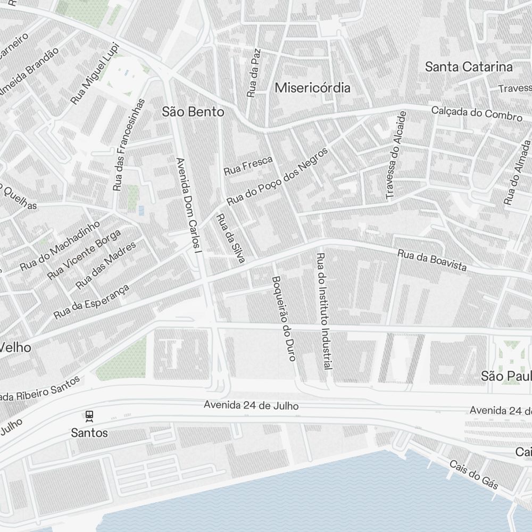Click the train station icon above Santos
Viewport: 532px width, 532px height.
click(89, 415)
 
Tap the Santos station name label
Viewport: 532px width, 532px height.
click(89, 433)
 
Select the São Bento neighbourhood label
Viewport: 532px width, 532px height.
click(193, 112)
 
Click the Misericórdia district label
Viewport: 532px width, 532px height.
click(312, 88)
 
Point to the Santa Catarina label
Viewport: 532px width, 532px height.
click(469, 67)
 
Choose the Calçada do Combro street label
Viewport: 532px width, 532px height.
click(477, 113)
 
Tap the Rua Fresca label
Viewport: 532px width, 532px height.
click(248, 165)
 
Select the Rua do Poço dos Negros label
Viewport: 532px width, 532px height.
click(277, 177)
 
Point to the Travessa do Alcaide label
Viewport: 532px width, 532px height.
click(396, 155)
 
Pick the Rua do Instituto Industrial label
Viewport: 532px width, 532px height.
click(324, 311)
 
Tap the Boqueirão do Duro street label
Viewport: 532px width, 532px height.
click(283, 318)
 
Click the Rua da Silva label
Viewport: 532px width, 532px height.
click(230, 238)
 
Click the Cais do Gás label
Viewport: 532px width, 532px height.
click(473, 475)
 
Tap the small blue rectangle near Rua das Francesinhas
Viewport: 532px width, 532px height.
click(141, 211)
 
